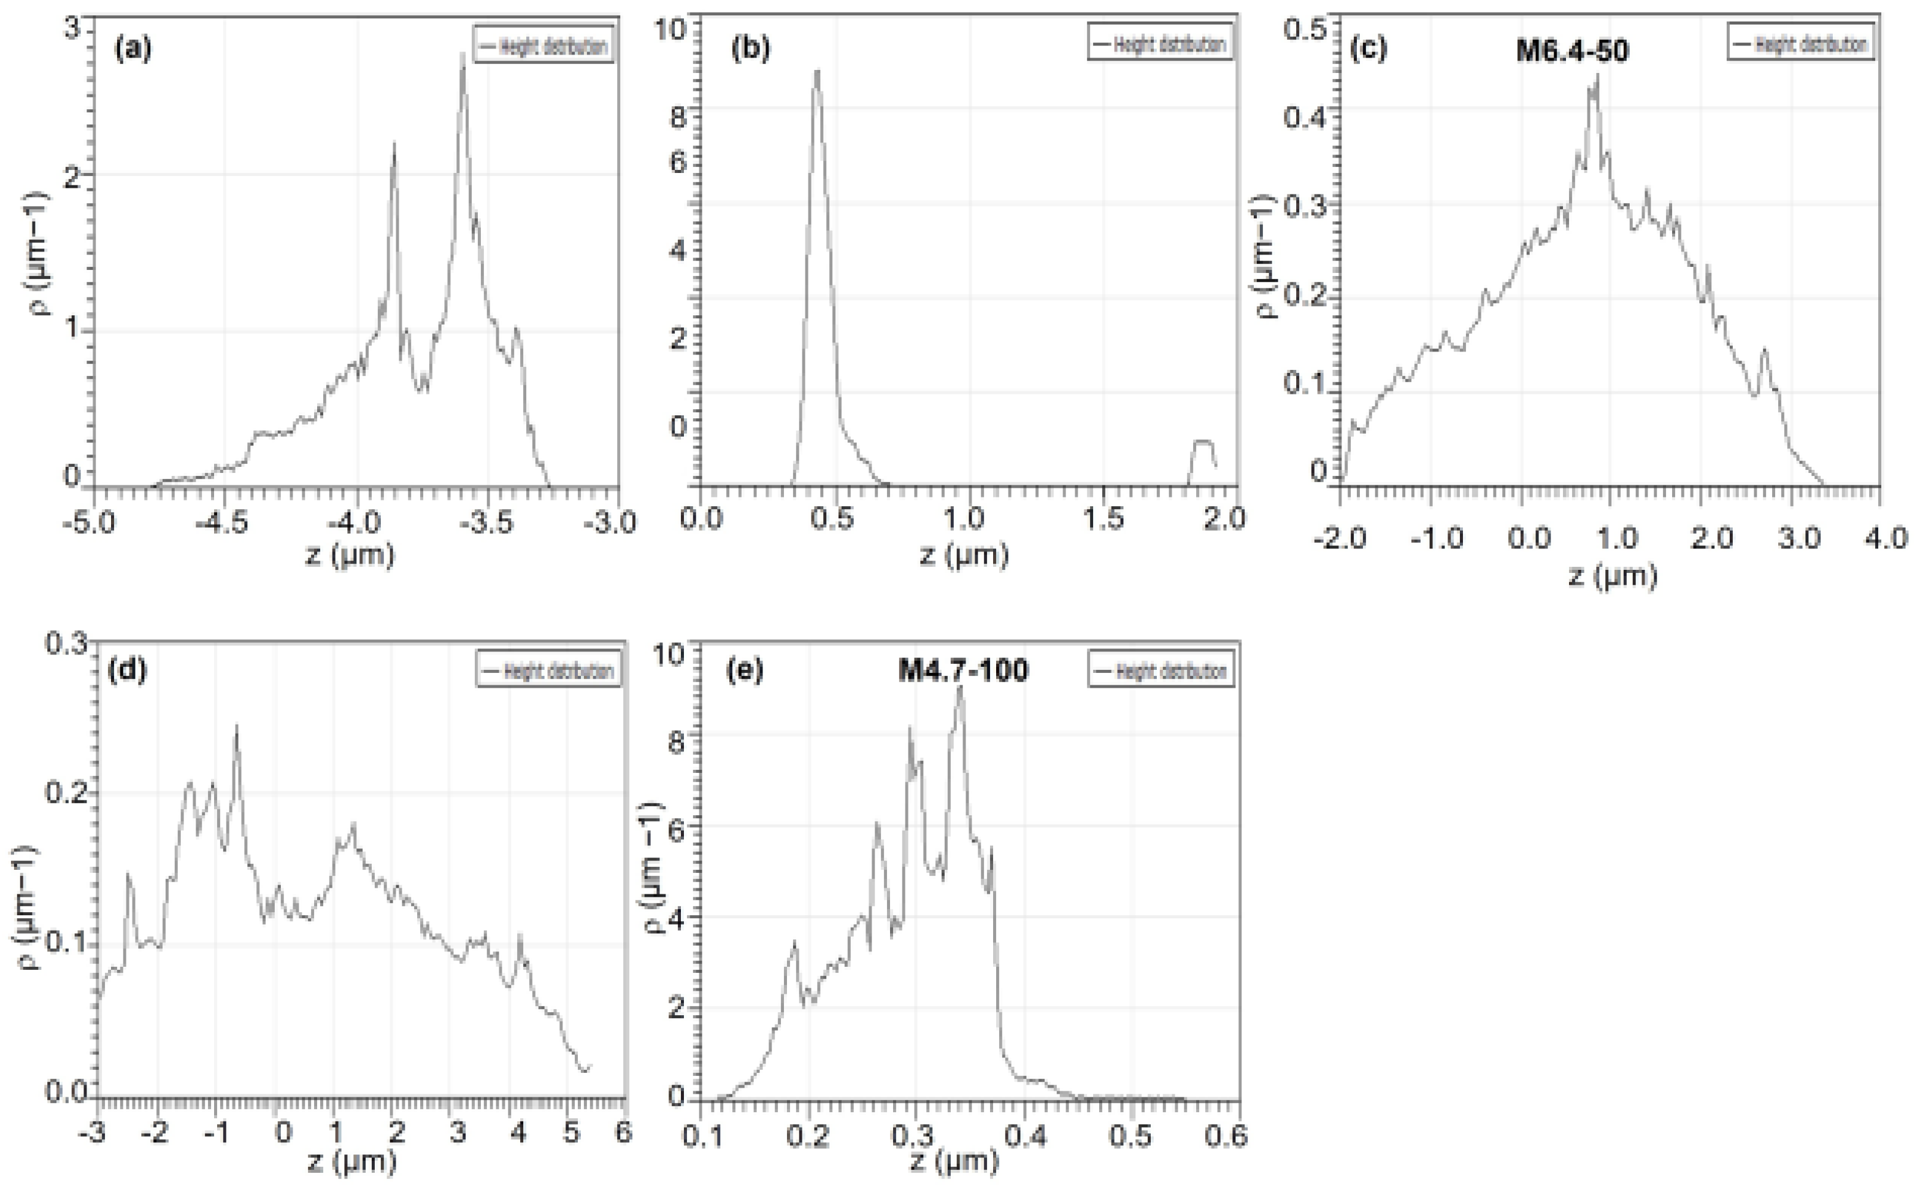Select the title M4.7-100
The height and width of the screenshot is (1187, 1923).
pyautogui.click(x=963, y=670)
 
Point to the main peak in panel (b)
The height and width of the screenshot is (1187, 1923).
pyautogui.click(x=817, y=72)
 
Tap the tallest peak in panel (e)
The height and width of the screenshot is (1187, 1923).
pyautogui.click(x=960, y=688)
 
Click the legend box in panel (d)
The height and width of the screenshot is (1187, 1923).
pyautogui.click(x=548, y=670)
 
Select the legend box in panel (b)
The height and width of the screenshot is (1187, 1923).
pyautogui.click(x=1160, y=44)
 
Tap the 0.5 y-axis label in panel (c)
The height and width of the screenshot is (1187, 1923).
pyautogui.click(x=1305, y=30)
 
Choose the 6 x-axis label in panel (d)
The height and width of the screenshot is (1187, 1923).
pyautogui.click(x=624, y=1134)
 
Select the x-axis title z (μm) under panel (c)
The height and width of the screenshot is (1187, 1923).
pyautogui.click(x=1612, y=576)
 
